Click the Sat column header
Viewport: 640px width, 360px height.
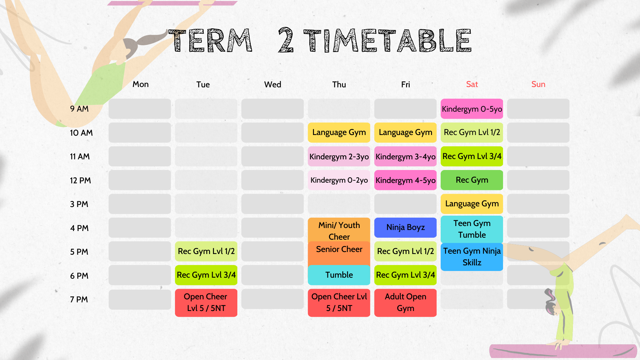click(472, 84)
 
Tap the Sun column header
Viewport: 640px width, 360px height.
click(538, 84)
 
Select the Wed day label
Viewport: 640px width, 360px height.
click(273, 84)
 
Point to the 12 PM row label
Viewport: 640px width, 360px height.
click(80, 180)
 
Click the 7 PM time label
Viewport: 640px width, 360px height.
click(79, 299)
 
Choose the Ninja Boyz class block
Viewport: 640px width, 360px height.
click(405, 227)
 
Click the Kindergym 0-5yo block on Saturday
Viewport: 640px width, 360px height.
click(472, 109)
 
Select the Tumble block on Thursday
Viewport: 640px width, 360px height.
click(339, 275)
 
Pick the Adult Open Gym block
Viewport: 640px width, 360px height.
click(405, 302)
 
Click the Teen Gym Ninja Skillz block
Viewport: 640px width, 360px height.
click(472, 257)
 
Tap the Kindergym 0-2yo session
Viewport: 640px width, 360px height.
click(339, 180)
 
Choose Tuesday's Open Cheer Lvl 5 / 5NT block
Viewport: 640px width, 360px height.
click(206, 302)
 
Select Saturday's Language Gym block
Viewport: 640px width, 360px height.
click(472, 204)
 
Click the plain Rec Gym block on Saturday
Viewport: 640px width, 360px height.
click(472, 180)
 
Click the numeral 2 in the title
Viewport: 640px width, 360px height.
click(286, 40)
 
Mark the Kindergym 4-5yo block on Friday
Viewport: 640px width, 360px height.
click(405, 180)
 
